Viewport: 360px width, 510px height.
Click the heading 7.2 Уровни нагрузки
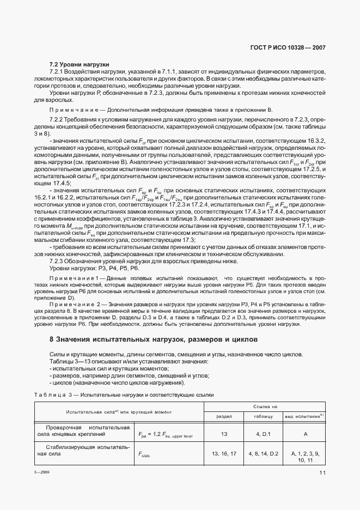(x=80, y=64)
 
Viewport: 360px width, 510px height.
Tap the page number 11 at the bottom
(x=322, y=473)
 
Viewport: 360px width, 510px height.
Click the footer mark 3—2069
(x=42, y=473)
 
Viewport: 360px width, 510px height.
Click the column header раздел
(x=224, y=416)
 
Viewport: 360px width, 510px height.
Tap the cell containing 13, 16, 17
(x=224, y=453)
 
